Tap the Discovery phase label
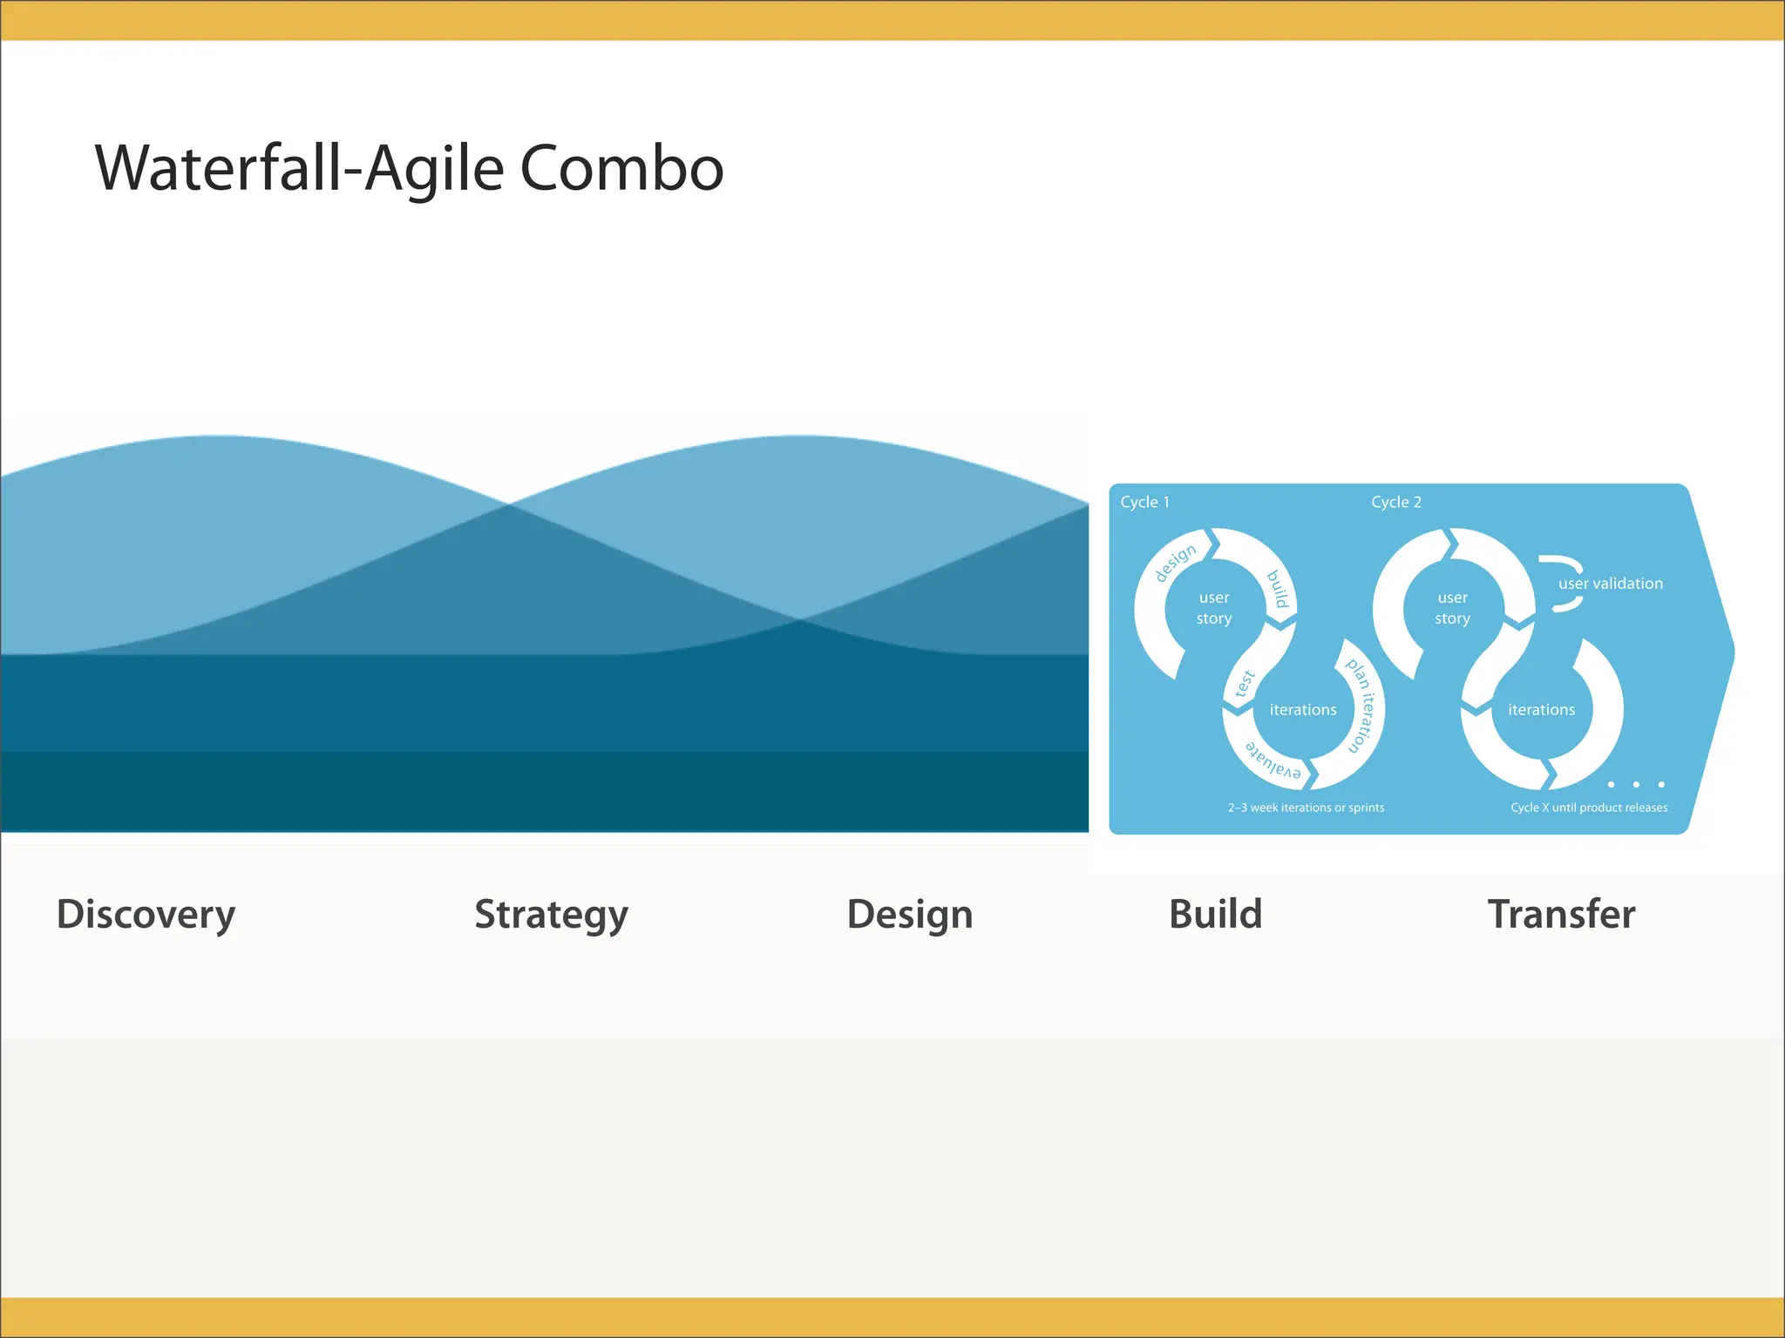point(146,914)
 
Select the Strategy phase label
point(551,914)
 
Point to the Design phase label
point(909,914)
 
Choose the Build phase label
point(1215,914)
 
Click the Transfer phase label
point(1561,914)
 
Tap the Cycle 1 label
point(1144,502)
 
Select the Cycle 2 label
point(1395,502)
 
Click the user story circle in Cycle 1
point(1213,608)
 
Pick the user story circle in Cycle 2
point(1452,608)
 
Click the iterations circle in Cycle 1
point(1302,710)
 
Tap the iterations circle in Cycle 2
point(1541,710)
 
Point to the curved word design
point(1175,562)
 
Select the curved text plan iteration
point(1362,706)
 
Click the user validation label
point(1610,584)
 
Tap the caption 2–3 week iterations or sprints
point(1306,808)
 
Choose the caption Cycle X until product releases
point(1588,808)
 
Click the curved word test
point(1245,684)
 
